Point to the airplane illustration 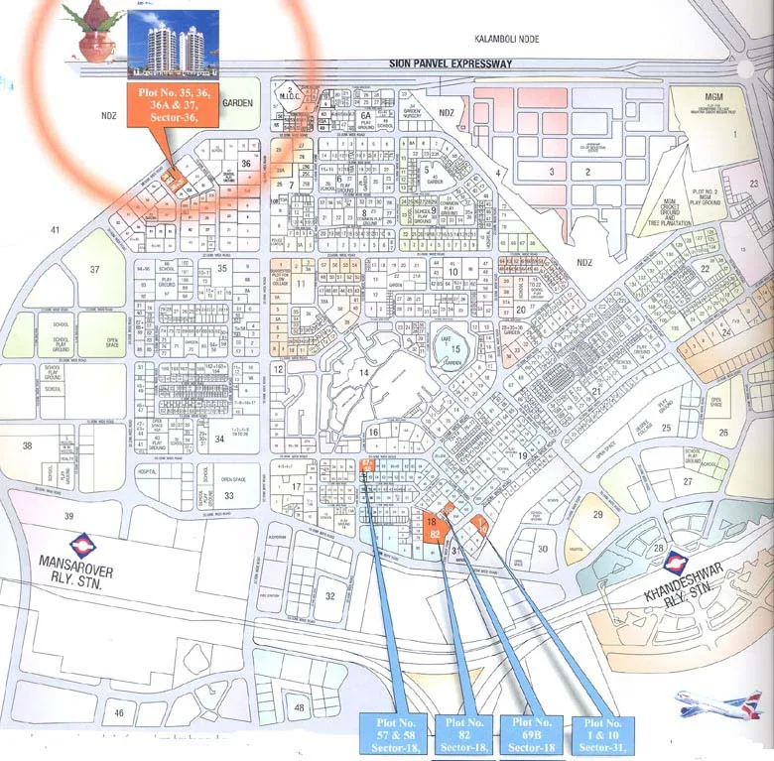pos(717,703)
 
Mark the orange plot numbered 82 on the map pos(436,535)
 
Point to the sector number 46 pos(119,712)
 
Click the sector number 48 pos(299,705)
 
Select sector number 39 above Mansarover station pos(69,517)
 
